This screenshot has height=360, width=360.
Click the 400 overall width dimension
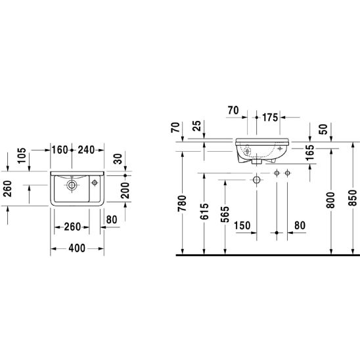pos(77,248)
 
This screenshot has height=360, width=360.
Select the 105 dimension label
pos(22,156)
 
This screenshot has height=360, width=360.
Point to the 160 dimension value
pos(60,150)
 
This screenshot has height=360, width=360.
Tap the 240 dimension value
pos(86,150)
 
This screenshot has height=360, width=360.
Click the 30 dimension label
pos(118,159)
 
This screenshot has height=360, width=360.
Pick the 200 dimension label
pos(125,191)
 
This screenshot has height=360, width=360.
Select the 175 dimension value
pos(270,118)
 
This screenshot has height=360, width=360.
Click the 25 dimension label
pos(197,126)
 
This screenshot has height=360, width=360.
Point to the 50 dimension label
pos(323,129)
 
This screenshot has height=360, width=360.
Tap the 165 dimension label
pos(309,152)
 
